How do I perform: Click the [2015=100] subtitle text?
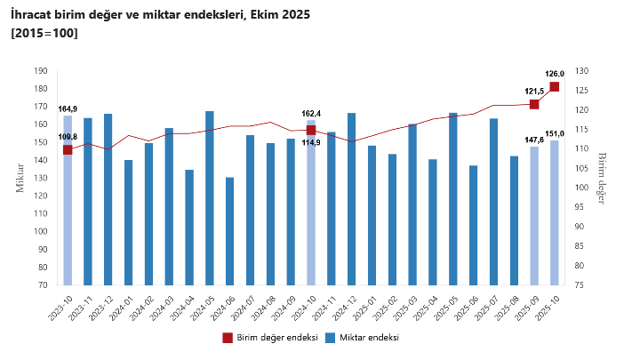[x=44, y=33]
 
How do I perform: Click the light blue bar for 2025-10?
[x=555, y=212]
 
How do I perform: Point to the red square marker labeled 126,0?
[x=555, y=86]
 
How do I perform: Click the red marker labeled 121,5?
[x=534, y=104]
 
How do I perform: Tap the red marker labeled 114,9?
[x=311, y=130]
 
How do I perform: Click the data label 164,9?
[x=68, y=108]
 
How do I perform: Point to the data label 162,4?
[x=311, y=113]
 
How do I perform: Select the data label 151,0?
[x=555, y=133]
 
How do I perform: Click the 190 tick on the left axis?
[x=40, y=71]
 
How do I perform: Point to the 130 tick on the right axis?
[x=583, y=71]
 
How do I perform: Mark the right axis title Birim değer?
[x=601, y=178]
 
